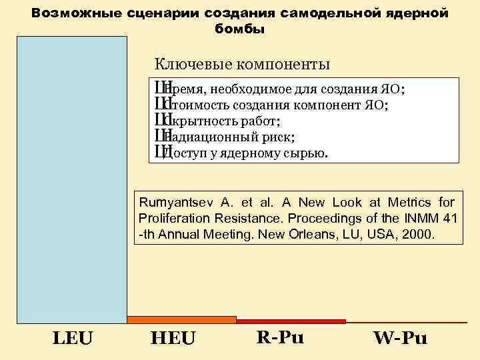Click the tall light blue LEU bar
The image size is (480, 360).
tap(71, 180)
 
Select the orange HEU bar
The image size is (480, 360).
tap(181, 320)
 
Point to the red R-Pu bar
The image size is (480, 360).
tap(291, 321)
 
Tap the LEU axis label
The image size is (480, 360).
tap(73, 339)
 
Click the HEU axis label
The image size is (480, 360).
tap(173, 339)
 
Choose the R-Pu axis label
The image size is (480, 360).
tap(280, 337)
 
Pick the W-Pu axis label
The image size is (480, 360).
tap(400, 338)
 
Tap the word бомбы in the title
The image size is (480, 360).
tap(240, 29)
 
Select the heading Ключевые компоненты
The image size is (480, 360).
tap(242, 65)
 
